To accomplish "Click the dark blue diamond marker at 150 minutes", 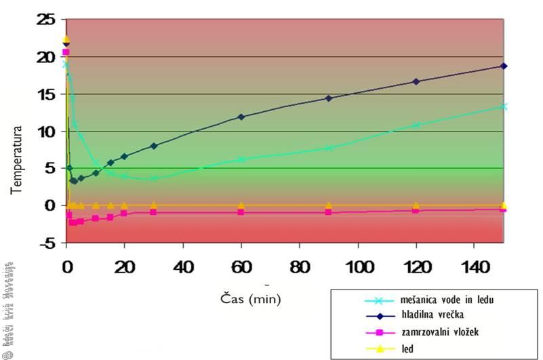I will coord(503,66).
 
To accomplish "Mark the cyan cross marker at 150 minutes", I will coord(503,106).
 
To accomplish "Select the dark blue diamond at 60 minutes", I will coord(241,117).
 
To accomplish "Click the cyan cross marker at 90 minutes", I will coord(329,148).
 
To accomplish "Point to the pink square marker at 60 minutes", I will coord(241,212).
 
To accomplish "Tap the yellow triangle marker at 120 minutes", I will coord(416,205).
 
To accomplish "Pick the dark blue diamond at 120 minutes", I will coord(416,81).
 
